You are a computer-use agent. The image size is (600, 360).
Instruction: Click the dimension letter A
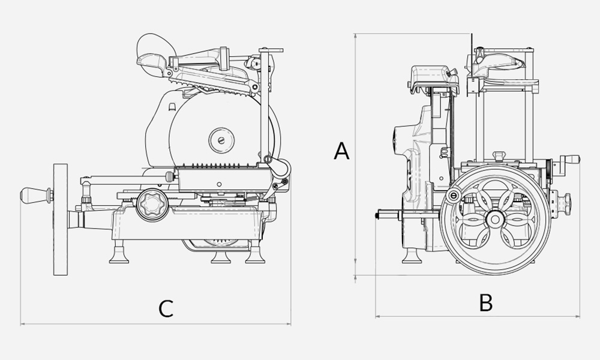(342, 151)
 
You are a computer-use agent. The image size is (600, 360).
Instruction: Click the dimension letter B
(486, 302)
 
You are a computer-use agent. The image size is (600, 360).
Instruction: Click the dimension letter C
(166, 308)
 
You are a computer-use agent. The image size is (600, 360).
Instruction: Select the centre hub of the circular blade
(221, 140)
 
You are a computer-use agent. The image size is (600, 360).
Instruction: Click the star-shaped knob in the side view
(152, 205)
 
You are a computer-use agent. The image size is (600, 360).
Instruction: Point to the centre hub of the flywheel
(496, 220)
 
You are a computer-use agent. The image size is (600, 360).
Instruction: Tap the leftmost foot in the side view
(119, 254)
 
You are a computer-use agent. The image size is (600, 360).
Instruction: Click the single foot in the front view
(412, 256)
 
